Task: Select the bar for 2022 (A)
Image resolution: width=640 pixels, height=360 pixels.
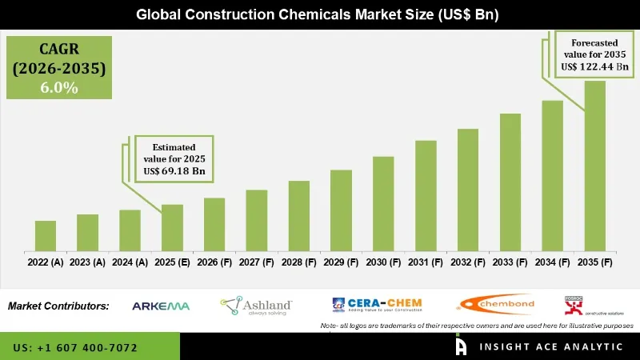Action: click(46, 236)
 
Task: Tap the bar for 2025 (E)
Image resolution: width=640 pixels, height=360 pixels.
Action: click(172, 228)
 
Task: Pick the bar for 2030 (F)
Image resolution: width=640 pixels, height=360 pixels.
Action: click(383, 204)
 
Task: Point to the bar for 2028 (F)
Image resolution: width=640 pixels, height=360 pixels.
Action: click(298, 216)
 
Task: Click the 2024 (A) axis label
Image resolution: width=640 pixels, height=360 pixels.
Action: click(130, 262)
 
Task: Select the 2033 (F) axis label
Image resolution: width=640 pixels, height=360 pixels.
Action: click(510, 262)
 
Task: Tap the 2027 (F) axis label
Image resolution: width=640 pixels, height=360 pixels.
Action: click(256, 262)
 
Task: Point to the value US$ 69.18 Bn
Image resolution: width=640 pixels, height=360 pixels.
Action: click(175, 170)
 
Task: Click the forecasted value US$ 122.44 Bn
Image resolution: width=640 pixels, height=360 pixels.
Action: click(594, 68)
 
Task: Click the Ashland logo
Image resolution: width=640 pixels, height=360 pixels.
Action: click(256, 305)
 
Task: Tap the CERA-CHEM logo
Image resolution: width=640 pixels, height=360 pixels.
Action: click(377, 304)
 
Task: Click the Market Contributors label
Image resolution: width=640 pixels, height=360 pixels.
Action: click(58, 306)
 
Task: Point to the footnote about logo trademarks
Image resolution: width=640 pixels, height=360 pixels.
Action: click(477, 326)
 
